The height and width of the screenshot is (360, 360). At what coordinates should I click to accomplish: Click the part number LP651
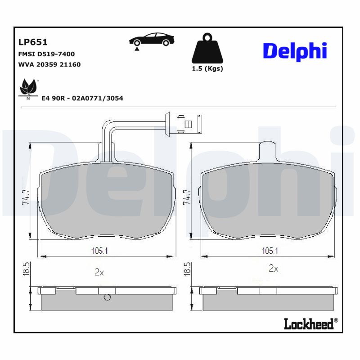click(33, 42)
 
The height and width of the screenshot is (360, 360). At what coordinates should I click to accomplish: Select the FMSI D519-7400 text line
click(46, 54)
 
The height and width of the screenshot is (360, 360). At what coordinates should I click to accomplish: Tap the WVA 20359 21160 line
click(49, 64)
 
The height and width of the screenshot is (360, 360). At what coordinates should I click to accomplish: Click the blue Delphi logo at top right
click(295, 51)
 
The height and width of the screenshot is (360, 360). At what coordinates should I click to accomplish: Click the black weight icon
click(207, 48)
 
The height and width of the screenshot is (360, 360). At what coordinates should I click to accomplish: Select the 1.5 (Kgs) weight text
click(207, 69)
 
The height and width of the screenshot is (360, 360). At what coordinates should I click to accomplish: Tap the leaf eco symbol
click(28, 87)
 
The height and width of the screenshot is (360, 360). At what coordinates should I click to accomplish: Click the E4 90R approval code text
click(82, 98)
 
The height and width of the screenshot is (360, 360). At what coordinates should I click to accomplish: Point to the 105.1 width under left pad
click(99, 251)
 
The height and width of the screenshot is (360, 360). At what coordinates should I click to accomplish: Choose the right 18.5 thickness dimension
click(185, 269)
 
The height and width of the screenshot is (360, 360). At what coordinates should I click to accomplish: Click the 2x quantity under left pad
click(99, 272)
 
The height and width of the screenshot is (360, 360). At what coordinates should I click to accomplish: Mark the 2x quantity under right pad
click(273, 269)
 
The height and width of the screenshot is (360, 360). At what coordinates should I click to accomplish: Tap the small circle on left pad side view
click(107, 297)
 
